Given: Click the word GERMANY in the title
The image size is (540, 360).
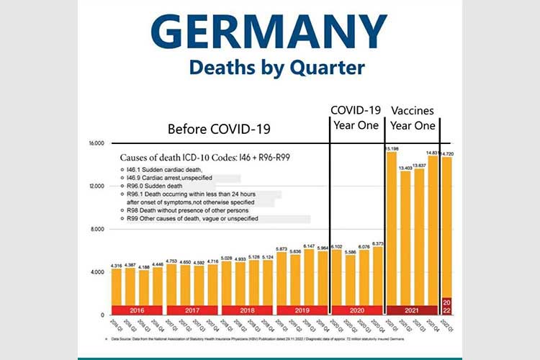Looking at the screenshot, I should [269, 32].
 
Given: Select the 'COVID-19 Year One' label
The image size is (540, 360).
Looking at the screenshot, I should [356, 117].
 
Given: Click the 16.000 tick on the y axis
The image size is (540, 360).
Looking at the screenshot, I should [97, 143].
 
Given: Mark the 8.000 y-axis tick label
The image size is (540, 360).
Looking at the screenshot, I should [97, 229].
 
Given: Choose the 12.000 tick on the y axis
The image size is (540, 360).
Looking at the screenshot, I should [97, 186].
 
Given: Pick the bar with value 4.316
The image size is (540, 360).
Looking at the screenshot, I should [117, 288].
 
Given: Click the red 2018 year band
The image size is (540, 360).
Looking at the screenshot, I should [247, 310].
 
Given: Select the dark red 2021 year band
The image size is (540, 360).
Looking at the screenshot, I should [412, 310].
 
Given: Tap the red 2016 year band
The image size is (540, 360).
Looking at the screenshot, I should [137, 310].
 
